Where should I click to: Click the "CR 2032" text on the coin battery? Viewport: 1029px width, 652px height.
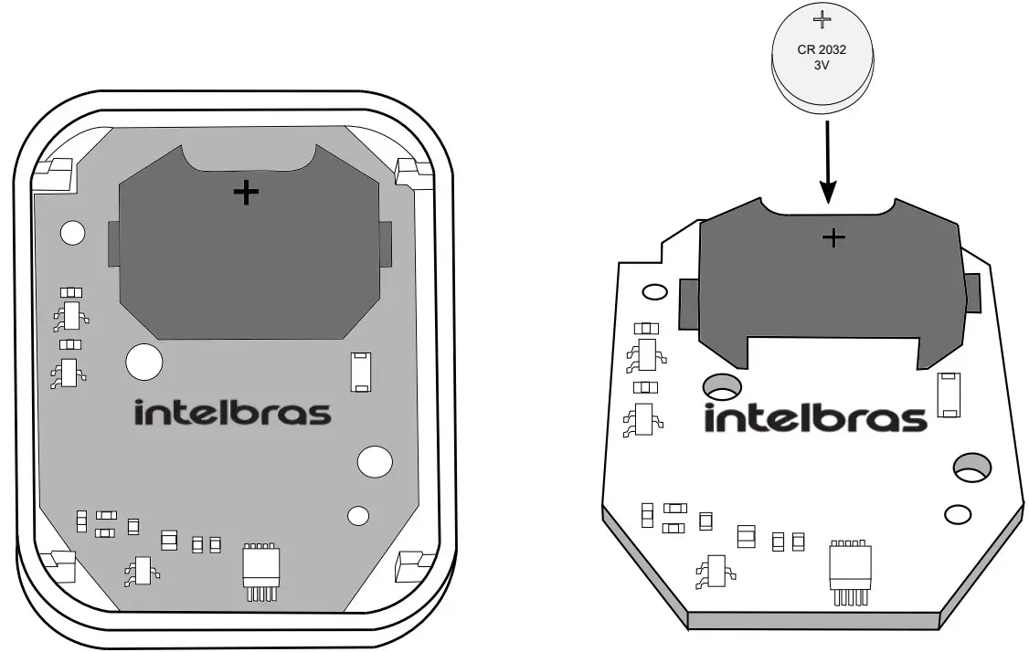(x=822, y=50)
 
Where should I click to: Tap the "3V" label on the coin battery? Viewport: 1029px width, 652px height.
(x=822, y=66)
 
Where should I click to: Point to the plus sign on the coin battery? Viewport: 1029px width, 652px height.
(x=822, y=20)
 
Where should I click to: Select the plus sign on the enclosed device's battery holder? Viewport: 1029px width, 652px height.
(x=246, y=193)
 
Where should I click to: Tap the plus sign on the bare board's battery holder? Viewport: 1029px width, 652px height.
(x=833, y=237)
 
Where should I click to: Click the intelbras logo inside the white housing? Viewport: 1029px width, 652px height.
(x=232, y=412)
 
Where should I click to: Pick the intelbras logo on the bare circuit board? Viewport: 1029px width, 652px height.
(x=815, y=418)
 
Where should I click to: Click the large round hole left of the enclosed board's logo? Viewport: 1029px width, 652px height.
(x=144, y=362)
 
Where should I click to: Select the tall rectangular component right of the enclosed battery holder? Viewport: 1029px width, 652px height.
(x=360, y=372)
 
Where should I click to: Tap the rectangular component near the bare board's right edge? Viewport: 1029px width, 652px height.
(x=949, y=394)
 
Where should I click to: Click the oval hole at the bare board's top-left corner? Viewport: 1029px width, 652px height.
(x=654, y=292)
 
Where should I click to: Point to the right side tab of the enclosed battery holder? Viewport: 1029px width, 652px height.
(x=386, y=244)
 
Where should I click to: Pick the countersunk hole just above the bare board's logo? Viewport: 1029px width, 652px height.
(x=722, y=387)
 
